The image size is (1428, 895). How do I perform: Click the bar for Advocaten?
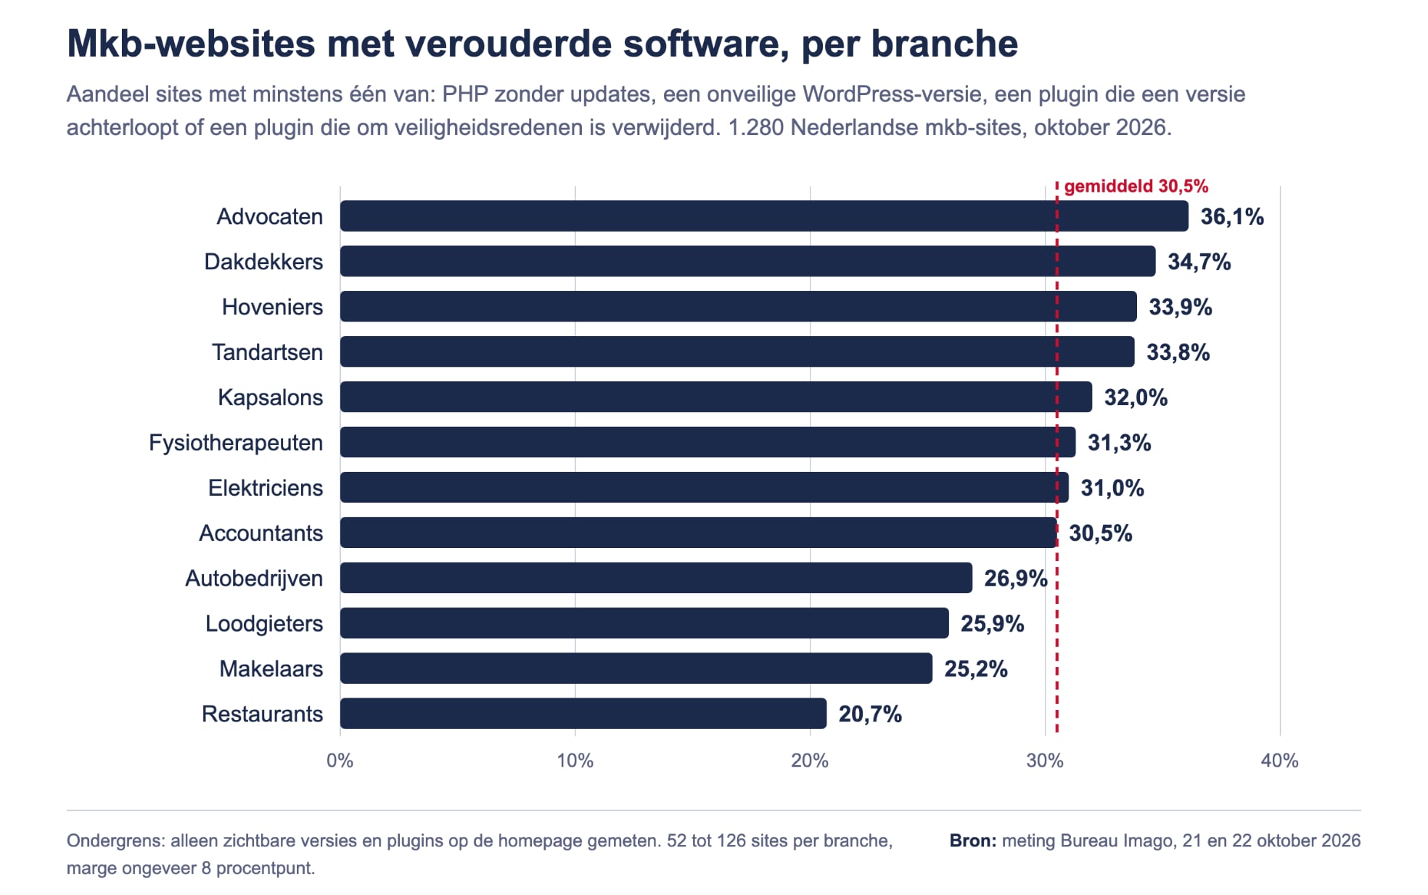[764, 216]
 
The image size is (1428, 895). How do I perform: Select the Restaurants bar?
[583, 714]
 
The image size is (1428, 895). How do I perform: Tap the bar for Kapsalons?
[716, 397]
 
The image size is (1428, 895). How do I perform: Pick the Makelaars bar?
[636, 669]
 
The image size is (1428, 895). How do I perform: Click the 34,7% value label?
[1199, 262]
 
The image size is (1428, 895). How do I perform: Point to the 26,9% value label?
[1016, 579]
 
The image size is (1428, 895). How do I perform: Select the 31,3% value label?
[1120, 443]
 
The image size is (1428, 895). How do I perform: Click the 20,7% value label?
[871, 714]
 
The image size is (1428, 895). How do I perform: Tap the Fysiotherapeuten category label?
[236, 443]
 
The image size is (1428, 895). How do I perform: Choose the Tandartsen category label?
[267, 352]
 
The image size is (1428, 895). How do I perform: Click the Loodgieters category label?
[264, 624]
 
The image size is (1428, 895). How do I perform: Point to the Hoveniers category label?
[272, 307]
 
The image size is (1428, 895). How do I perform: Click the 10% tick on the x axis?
[575, 761]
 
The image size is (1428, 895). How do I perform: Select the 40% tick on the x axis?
[1280, 761]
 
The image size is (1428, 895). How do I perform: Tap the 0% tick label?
[340, 761]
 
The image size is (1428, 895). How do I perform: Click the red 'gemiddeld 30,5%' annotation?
[1136, 187]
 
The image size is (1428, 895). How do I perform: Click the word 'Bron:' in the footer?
[973, 841]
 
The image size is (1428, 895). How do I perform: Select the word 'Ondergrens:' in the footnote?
[116, 841]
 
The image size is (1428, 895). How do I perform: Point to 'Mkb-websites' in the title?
[191, 44]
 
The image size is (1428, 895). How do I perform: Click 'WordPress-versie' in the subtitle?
[892, 94]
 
